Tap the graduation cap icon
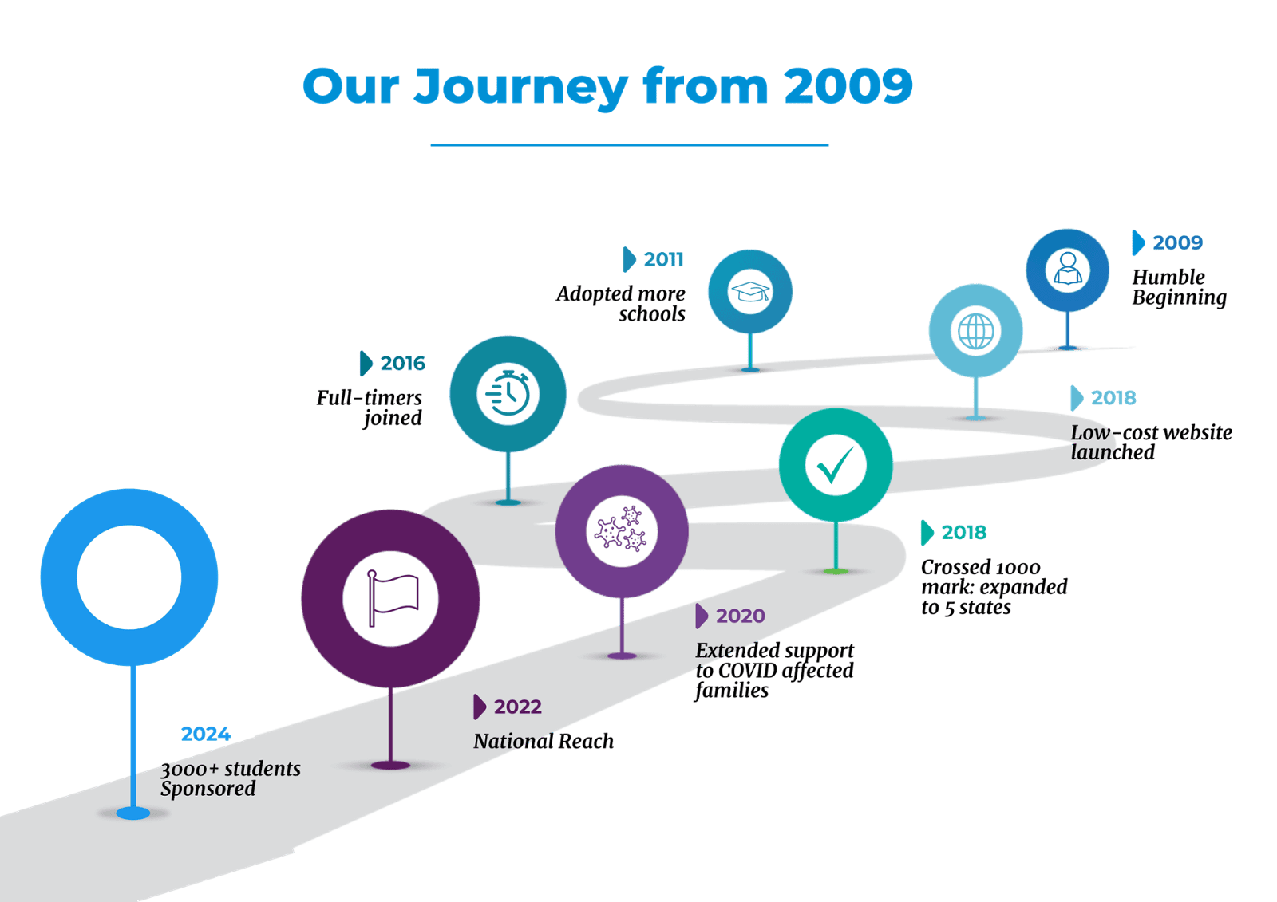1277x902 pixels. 750,291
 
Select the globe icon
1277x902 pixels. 975,330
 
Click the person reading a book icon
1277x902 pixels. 1067,270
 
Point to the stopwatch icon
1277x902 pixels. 508,393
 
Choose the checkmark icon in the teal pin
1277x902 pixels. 835,465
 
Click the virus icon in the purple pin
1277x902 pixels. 622,531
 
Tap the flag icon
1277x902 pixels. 391,598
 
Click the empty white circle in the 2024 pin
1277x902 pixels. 129,577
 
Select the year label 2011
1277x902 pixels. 663,260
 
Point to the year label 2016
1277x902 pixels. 402,364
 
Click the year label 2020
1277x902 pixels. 740,616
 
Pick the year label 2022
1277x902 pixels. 517,707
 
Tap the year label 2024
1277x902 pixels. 205,734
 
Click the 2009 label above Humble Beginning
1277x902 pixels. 1177,243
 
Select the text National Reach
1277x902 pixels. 544,742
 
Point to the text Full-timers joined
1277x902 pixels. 370,408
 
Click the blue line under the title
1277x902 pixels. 629,144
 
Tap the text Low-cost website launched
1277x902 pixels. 1150,443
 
